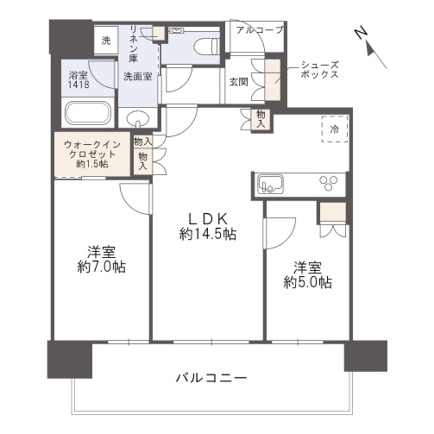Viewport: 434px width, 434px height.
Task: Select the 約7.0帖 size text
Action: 101,267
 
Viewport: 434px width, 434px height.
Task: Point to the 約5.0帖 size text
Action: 308,283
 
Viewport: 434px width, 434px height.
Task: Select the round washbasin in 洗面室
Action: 139,119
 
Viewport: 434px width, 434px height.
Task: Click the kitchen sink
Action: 270,184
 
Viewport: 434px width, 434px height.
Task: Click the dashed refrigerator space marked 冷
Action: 334,130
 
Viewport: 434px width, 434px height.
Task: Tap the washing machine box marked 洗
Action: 106,40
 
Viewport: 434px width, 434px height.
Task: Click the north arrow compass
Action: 371,46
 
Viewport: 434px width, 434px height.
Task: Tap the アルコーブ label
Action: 259,29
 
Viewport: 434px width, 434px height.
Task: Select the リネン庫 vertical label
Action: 134,42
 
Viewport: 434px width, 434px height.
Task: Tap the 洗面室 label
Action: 137,77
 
